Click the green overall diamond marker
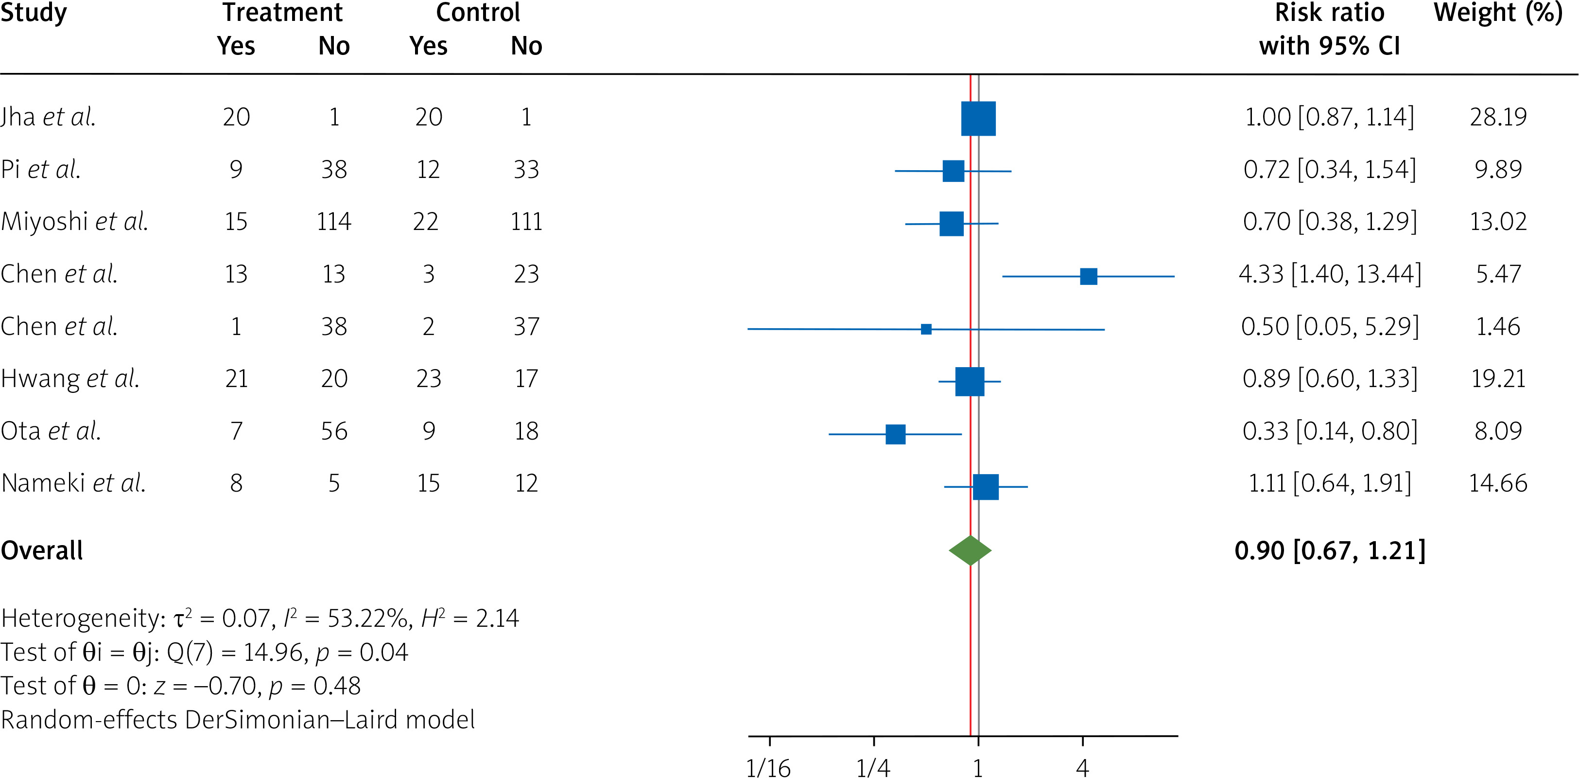point(970,550)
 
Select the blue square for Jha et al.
point(978,118)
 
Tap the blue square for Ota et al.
point(896,434)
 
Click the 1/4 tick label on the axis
point(873,768)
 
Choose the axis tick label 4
point(1082,768)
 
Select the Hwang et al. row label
point(70,379)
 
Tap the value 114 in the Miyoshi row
point(334,221)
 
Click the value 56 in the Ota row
point(334,431)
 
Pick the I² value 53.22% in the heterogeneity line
point(368,618)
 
